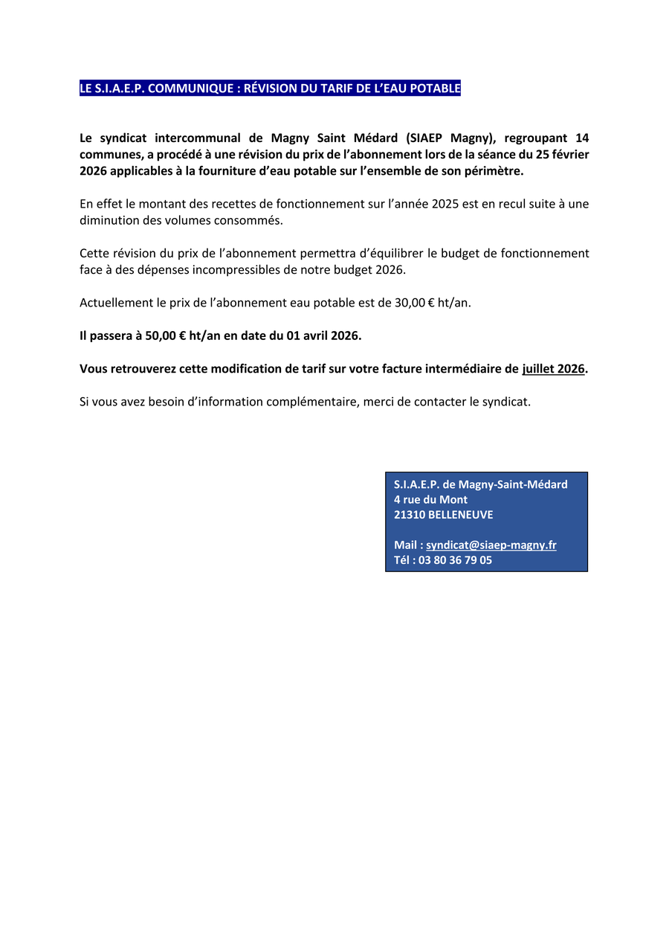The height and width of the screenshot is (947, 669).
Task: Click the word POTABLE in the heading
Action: (436, 89)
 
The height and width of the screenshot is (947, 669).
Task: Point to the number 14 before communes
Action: (582, 138)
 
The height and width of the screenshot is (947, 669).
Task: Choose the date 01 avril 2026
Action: (323, 336)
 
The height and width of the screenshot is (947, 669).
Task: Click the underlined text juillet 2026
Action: (553, 368)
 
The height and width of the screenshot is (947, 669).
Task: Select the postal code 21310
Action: (410, 515)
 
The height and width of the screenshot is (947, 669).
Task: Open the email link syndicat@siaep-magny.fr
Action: (491, 545)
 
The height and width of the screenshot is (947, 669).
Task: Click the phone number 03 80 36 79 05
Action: (455, 560)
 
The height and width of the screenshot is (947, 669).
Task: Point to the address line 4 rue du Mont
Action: (430, 500)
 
